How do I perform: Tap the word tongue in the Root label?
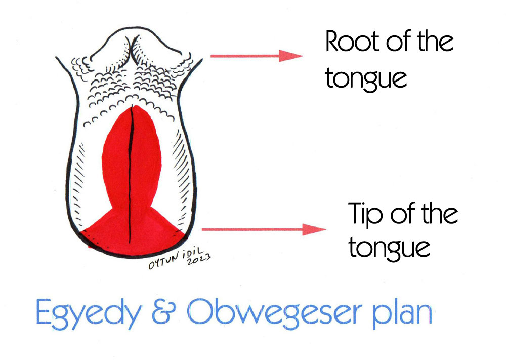coord(366,79)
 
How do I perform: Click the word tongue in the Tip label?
coord(389,248)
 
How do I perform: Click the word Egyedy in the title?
coord(86,315)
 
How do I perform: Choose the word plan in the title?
coord(402,314)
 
